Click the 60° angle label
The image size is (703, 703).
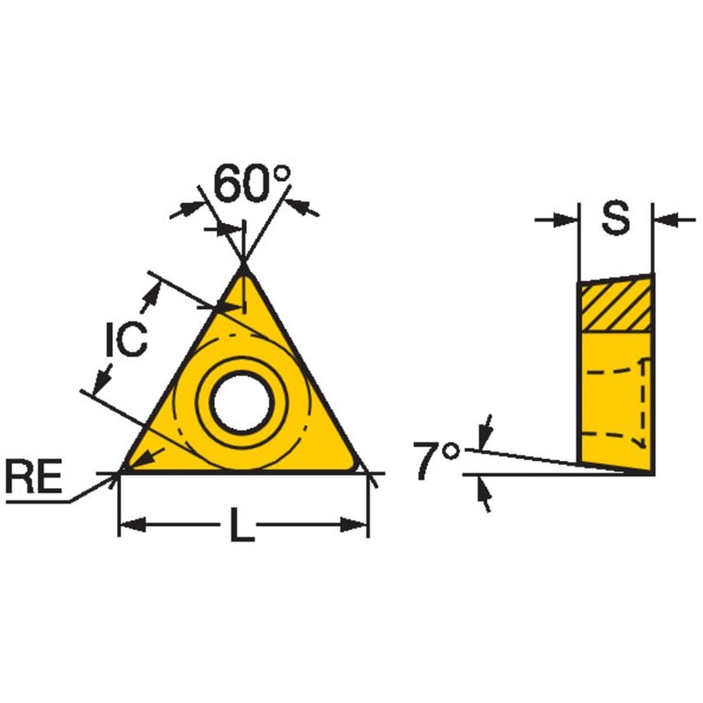[x=252, y=184]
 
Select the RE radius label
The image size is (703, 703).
[x=34, y=478]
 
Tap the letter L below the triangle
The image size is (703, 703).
[x=240, y=525]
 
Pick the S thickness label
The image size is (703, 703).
[x=614, y=219]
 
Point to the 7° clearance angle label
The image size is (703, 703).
[x=436, y=461]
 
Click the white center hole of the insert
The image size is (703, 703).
[x=241, y=403]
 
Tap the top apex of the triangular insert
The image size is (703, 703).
[x=244, y=268]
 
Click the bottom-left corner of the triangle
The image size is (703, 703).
[x=123, y=471]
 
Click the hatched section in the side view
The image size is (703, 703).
[x=616, y=306]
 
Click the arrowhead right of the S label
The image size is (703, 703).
[x=663, y=220]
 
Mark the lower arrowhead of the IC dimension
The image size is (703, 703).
[x=101, y=380]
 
